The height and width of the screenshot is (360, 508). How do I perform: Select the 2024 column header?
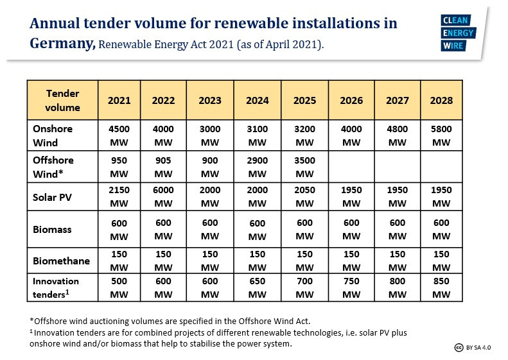coord(258,101)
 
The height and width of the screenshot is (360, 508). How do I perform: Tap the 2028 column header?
coord(442,101)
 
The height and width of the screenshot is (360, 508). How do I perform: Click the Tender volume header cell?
coord(62,101)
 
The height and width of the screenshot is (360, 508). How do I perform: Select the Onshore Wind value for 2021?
coord(119,135)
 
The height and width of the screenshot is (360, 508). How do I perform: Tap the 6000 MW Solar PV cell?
coord(164,197)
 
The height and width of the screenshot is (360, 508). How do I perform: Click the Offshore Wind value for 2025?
coord(305,167)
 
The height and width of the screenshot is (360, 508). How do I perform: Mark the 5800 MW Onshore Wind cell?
coord(442,135)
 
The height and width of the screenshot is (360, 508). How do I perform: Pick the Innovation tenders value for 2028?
coord(442,287)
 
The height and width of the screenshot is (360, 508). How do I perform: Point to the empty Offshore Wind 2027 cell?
coord(398,167)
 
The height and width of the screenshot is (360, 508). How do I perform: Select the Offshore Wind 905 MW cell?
coord(164,167)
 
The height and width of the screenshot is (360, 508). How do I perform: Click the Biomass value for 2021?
coord(119,230)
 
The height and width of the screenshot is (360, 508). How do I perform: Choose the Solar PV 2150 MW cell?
coord(119,197)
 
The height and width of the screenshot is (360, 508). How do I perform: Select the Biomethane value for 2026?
coord(351,261)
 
